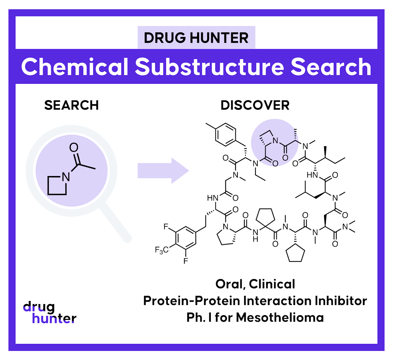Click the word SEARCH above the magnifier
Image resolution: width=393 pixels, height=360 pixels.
[x=71, y=105]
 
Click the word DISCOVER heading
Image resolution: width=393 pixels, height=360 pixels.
[x=255, y=105]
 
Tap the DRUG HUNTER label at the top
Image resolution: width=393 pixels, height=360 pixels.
[x=196, y=38]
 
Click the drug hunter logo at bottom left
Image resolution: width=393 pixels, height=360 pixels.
[x=49, y=312]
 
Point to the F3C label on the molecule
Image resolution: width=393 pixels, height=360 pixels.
[x=162, y=250]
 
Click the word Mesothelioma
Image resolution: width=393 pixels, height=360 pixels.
[x=280, y=317]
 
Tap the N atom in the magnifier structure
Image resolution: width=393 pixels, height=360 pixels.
[x=66, y=177]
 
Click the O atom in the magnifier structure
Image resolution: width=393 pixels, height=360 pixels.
[x=74, y=148]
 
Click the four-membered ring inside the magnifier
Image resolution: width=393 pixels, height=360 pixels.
[x=57, y=186]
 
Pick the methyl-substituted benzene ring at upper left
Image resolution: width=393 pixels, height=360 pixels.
[x=226, y=134]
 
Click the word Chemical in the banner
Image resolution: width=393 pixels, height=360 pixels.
[x=75, y=67]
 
